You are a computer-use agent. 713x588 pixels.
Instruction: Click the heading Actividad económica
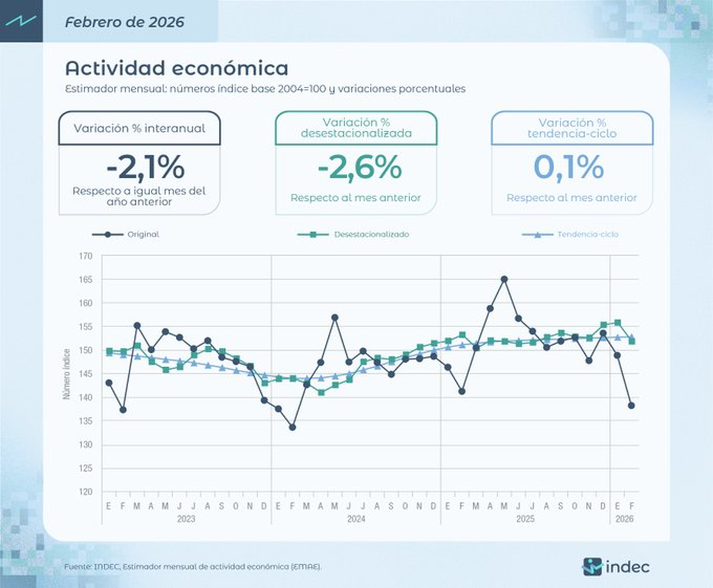click(x=176, y=68)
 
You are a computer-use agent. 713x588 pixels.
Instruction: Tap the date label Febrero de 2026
click(x=124, y=22)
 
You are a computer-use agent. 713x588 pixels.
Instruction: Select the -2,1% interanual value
click(x=145, y=167)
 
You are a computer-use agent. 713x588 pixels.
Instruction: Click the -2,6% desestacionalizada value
click(x=359, y=167)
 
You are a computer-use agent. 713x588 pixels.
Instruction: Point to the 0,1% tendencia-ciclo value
click(x=569, y=167)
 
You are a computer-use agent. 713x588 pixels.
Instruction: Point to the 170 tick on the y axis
click(x=85, y=256)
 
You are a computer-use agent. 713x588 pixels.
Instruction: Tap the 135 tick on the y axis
click(x=85, y=421)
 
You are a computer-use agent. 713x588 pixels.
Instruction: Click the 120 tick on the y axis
click(x=85, y=492)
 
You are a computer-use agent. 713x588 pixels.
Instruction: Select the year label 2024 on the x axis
click(x=355, y=519)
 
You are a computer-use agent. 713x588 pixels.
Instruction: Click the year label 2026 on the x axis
click(x=624, y=519)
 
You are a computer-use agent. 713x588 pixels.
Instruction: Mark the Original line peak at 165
click(x=504, y=279)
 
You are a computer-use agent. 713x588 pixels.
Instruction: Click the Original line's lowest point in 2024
click(x=292, y=427)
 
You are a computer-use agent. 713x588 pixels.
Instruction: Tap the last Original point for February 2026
click(x=631, y=405)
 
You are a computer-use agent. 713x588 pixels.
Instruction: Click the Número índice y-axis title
click(x=66, y=374)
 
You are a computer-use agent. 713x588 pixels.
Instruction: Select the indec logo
click(x=616, y=567)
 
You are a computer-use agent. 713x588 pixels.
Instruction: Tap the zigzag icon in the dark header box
click(x=21, y=21)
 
